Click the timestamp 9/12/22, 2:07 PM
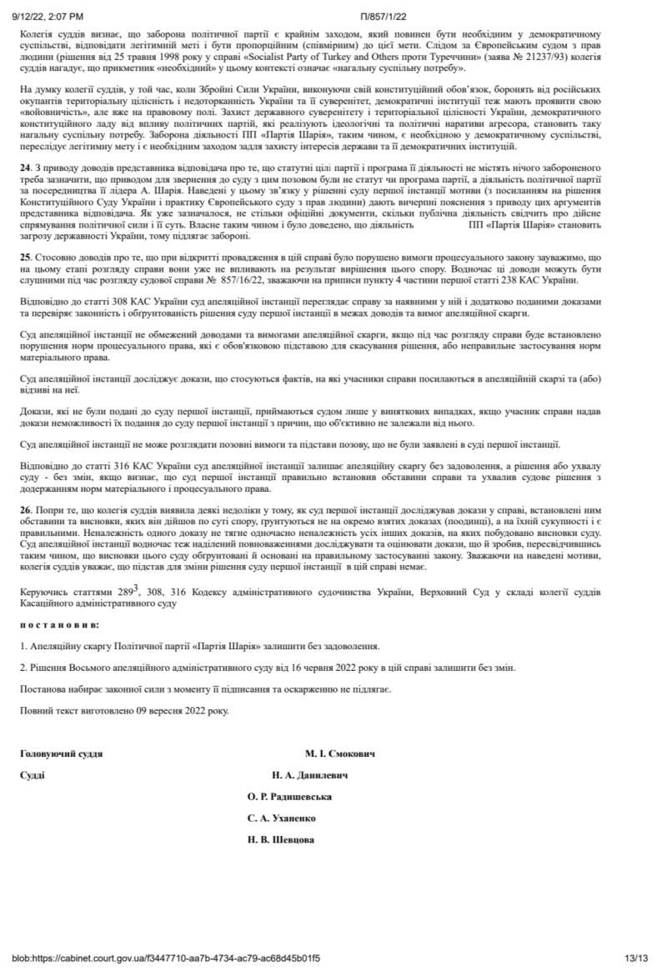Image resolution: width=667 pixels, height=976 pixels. coord(48,16)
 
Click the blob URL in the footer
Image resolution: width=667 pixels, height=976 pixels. coord(166,958)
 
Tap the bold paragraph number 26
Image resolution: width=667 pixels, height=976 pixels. coord(25,508)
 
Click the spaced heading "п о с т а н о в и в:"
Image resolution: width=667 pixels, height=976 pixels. coord(59,623)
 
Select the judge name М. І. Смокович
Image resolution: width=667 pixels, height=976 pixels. coord(339,753)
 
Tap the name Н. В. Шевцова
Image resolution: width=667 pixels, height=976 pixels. coord(281,839)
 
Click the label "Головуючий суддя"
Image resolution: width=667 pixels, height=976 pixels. coord(62,753)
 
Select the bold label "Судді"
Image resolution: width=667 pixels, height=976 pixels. coord(33,774)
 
